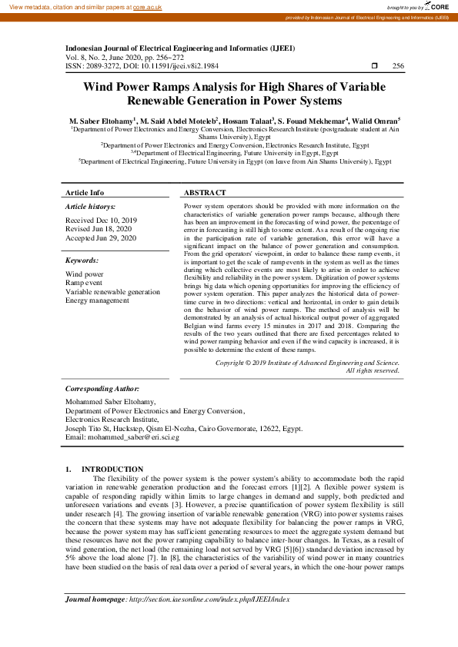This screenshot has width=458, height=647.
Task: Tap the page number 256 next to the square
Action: click(398, 67)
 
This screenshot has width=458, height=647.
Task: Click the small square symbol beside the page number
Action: click(374, 67)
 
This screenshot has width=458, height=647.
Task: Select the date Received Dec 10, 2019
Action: click(101, 220)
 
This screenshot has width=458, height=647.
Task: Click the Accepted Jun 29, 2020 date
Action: click(101, 238)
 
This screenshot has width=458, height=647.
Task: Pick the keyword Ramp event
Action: click(84, 283)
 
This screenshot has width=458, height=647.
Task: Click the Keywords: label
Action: click(82, 260)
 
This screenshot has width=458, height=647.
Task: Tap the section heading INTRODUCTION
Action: click(112, 469)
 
